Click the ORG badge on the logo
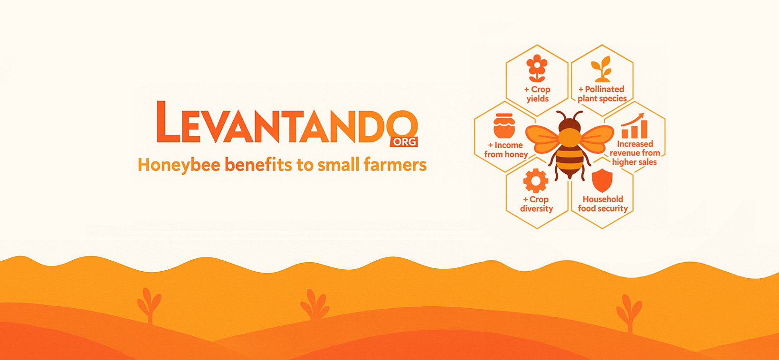point(404,142)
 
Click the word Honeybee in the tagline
point(179,165)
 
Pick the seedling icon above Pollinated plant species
point(602,69)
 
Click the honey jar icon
point(504,125)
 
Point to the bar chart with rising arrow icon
point(634,126)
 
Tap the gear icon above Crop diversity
point(536,180)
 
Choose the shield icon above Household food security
point(602,180)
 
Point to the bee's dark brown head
point(570,124)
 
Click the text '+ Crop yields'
point(537,94)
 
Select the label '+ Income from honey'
point(506,150)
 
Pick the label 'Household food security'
point(603,204)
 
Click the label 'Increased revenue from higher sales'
point(635,153)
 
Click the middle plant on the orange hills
point(315,304)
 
